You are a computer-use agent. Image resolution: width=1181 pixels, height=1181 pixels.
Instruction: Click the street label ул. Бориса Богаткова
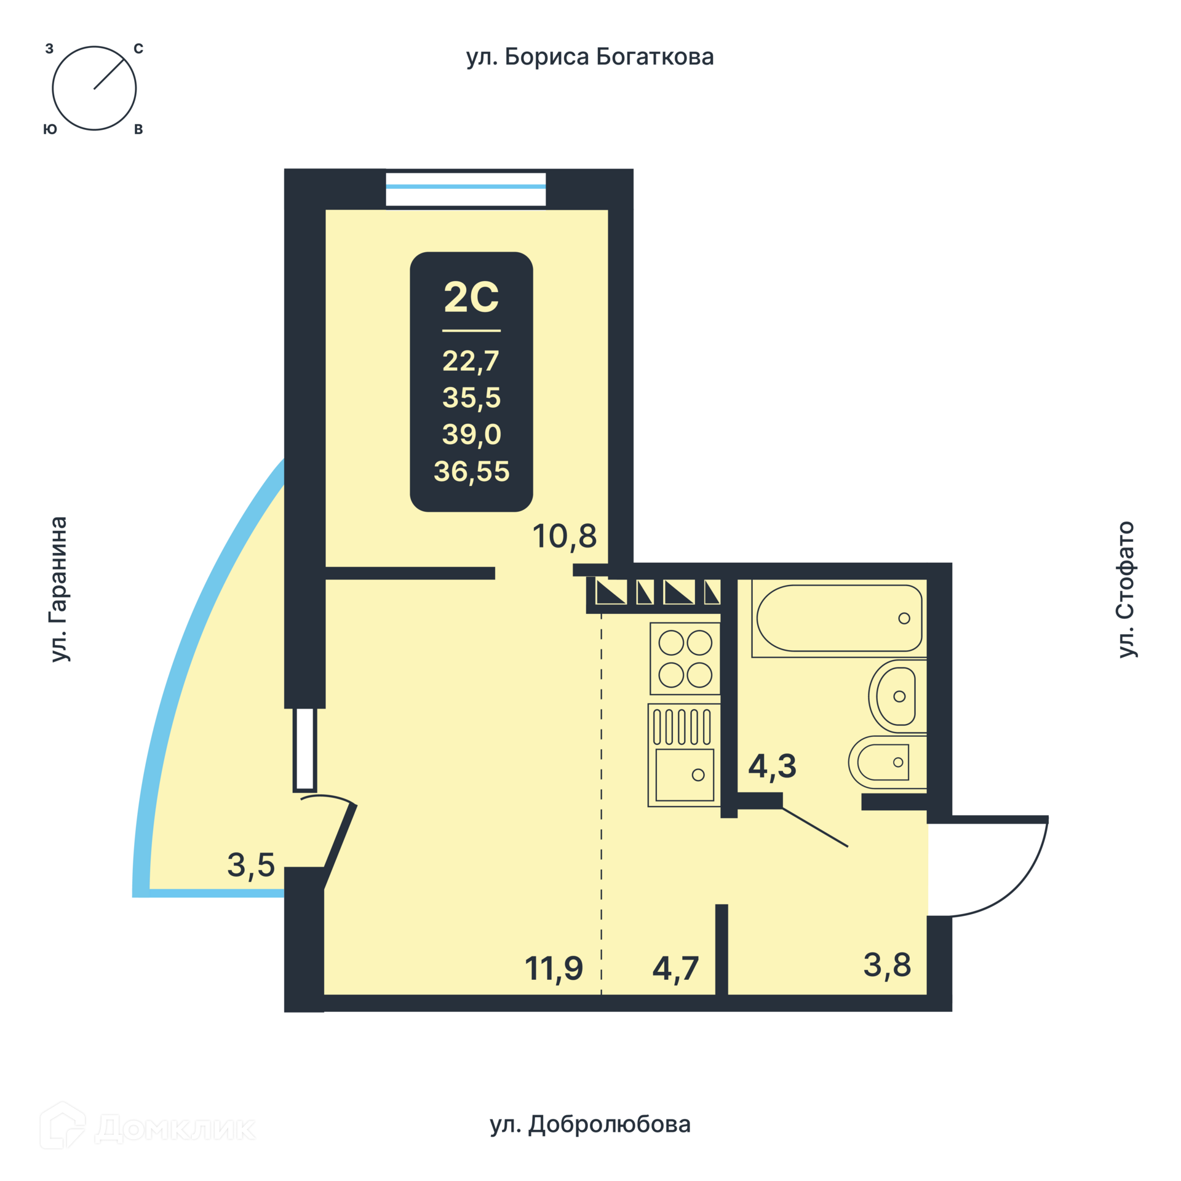click(590, 57)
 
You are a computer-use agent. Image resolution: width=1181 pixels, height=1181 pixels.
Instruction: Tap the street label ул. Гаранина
click(58, 589)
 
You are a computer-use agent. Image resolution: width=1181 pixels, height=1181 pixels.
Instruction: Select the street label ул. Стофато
click(1126, 589)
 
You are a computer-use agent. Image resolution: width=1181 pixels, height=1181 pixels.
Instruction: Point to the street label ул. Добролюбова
click(590, 1124)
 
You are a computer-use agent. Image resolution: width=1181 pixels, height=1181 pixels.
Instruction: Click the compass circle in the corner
click(94, 47)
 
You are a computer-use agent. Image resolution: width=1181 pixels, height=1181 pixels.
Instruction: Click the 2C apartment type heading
click(471, 297)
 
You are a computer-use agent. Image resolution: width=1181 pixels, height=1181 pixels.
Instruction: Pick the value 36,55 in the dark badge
click(471, 472)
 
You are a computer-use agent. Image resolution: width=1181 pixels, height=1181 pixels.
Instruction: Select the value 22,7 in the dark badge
click(471, 361)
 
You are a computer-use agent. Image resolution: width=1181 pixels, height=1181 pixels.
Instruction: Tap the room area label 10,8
click(564, 536)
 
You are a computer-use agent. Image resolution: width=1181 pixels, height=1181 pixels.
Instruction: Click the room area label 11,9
click(554, 968)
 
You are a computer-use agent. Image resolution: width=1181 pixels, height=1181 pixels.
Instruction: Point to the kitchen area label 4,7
click(675, 968)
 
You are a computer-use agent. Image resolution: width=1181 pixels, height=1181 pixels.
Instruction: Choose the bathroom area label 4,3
click(772, 766)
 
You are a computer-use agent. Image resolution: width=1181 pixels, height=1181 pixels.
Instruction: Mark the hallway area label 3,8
click(887, 964)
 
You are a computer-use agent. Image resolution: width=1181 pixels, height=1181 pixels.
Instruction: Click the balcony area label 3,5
click(250, 865)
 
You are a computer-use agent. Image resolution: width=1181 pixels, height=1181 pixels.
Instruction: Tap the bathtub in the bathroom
click(839, 618)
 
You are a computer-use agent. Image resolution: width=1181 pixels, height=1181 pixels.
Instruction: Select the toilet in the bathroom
click(888, 762)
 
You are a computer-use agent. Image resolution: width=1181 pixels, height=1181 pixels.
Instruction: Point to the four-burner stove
click(685, 659)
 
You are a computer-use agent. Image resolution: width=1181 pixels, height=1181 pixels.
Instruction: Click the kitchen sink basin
click(685, 775)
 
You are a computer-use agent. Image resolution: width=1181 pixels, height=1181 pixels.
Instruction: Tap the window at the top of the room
click(466, 189)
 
